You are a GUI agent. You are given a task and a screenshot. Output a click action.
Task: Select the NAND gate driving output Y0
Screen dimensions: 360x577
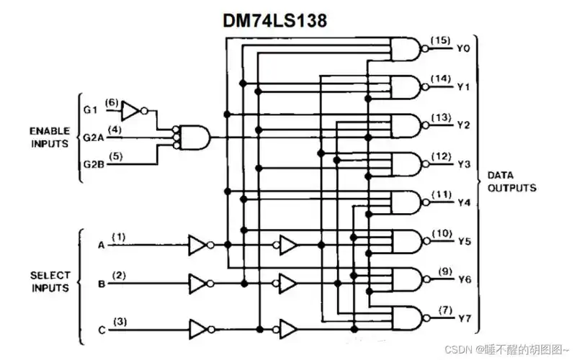405,49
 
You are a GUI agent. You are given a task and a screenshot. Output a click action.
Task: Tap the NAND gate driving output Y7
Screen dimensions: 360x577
405,318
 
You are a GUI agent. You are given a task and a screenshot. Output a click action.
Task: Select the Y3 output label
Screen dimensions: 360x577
465,164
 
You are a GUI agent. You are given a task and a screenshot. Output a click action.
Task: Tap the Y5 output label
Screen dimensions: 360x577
465,241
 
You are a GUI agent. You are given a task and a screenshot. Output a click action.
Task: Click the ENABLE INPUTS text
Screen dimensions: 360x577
50,137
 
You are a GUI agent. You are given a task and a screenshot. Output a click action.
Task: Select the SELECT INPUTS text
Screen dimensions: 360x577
50,282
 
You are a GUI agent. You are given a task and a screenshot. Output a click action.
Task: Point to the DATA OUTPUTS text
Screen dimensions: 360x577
511,181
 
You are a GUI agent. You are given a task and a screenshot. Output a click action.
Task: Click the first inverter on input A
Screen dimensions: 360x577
197,246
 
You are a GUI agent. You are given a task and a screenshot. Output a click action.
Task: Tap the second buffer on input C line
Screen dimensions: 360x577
287,330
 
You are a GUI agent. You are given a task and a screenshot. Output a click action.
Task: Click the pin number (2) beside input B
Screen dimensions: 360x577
120,275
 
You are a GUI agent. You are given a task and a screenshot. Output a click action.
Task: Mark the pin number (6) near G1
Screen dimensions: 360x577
111,102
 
